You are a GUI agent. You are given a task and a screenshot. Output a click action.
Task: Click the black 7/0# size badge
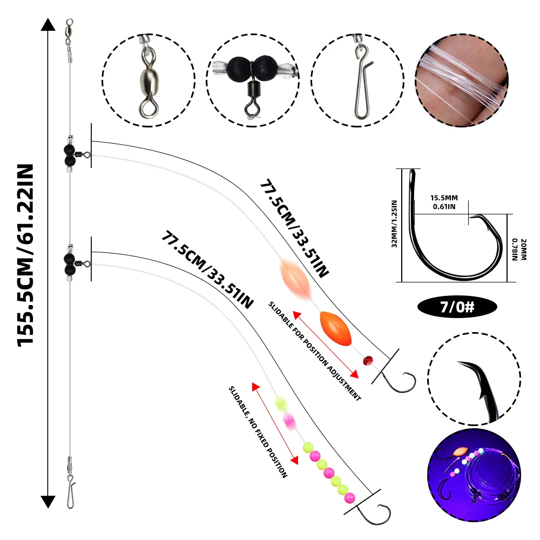(457, 307)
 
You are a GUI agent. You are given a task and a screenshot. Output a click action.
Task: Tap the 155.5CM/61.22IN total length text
(25, 255)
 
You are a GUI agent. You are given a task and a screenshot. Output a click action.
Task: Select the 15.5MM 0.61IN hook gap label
(444, 202)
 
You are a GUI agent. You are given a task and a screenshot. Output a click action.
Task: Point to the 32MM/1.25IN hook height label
(394, 224)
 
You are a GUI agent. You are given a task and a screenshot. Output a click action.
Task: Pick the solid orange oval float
(335, 328)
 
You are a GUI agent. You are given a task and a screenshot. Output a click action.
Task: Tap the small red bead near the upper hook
(368, 361)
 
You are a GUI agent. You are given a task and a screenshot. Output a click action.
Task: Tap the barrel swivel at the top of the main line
(69, 33)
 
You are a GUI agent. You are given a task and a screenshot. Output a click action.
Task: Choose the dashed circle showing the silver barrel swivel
(148, 80)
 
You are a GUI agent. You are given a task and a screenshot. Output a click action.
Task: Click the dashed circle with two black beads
(253, 80)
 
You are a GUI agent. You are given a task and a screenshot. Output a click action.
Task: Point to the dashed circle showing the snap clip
(357, 80)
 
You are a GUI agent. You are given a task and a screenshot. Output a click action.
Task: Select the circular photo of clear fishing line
(462, 80)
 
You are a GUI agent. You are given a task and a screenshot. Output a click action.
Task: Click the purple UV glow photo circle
(474, 475)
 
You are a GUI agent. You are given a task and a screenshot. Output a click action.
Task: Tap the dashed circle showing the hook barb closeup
(474, 379)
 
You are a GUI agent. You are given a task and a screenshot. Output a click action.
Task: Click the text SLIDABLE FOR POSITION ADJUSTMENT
(314, 352)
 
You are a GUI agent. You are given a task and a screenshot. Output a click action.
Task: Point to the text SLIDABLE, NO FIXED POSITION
(258, 432)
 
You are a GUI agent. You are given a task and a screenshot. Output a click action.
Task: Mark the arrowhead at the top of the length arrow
(48, 25)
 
